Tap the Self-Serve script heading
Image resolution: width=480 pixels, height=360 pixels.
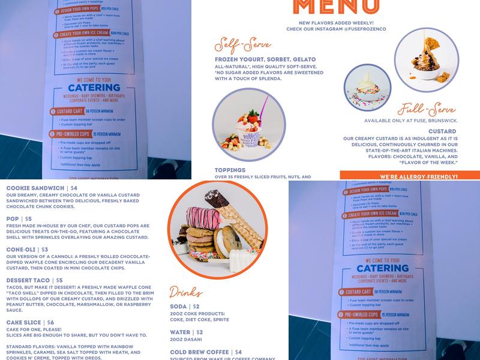240,47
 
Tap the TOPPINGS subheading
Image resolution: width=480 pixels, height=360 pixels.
230,170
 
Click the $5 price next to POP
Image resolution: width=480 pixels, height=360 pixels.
29,219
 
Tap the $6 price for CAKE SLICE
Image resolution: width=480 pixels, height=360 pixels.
50,322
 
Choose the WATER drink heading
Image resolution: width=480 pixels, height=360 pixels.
182,332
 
